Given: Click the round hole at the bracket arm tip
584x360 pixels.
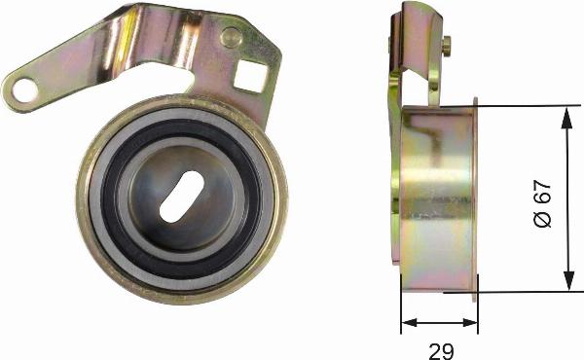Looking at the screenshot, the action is tap(24, 90).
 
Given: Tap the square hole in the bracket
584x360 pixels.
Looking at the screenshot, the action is tap(250, 77).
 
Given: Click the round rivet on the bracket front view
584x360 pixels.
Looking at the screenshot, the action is tap(232, 37).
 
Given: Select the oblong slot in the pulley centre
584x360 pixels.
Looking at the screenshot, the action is tap(181, 197).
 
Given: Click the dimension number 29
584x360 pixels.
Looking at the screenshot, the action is tap(441, 351).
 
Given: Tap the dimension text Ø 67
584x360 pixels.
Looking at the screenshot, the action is tap(542, 203).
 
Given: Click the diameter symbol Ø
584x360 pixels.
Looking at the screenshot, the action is tap(542, 219).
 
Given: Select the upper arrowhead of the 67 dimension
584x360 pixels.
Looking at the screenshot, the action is tap(566, 119).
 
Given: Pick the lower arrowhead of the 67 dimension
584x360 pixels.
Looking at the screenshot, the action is tap(568, 280).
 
